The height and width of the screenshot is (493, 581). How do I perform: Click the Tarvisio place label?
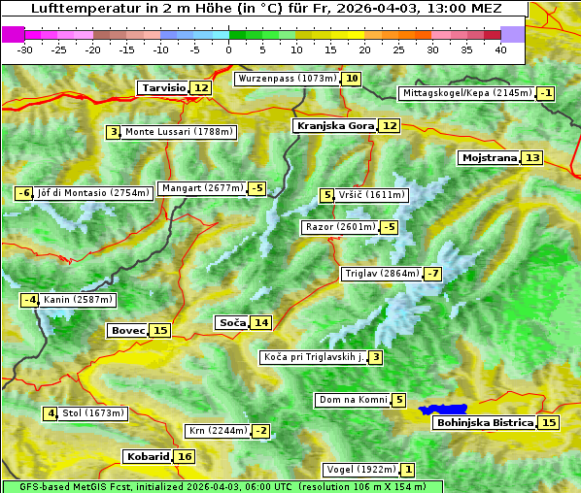click(x=162, y=87)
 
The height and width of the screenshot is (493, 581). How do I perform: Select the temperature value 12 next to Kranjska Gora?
click(x=390, y=125)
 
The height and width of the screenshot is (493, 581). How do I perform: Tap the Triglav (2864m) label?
click(x=382, y=274)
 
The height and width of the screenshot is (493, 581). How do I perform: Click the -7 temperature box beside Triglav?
click(x=432, y=274)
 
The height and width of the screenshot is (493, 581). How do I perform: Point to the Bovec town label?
click(x=127, y=330)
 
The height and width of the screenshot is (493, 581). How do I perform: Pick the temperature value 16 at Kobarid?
click(x=185, y=456)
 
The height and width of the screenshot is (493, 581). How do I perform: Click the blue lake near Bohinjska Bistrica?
click(x=443, y=411)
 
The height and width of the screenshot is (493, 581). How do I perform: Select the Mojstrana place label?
click(x=489, y=157)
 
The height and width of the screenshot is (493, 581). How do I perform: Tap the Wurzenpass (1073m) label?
click(x=287, y=79)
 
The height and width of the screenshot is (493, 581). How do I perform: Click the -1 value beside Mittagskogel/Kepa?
click(x=546, y=93)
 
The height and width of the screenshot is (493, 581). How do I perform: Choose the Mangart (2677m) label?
click(x=202, y=188)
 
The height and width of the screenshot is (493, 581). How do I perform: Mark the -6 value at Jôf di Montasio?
click(x=24, y=193)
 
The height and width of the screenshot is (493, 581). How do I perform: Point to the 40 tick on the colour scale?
click(x=500, y=49)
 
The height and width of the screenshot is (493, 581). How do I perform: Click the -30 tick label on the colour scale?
click(x=25, y=49)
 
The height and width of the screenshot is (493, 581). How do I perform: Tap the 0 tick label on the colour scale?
click(x=229, y=49)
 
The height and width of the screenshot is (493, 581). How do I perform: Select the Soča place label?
click(x=231, y=322)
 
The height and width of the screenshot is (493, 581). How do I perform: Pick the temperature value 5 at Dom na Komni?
click(x=399, y=400)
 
